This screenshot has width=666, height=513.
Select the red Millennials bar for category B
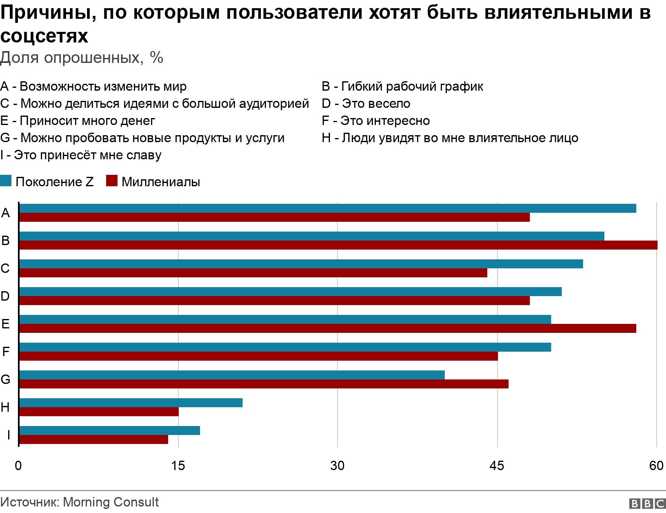click(x=338, y=245)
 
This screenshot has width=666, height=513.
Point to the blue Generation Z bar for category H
click(x=131, y=403)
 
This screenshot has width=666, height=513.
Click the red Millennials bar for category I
click(x=93, y=439)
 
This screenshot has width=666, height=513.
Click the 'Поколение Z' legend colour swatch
click(x=6, y=181)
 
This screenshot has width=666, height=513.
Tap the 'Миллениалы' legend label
click(x=161, y=182)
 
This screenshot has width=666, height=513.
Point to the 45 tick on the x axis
click(x=497, y=466)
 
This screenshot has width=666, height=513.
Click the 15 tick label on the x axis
click(x=178, y=466)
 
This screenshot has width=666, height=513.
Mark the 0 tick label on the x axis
click(x=18, y=466)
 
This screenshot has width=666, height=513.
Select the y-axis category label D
click(x=5, y=296)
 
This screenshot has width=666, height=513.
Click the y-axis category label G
click(x=5, y=379)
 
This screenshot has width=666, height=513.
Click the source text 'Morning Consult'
click(x=111, y=502)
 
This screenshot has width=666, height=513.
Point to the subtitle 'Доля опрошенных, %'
click(x=82, y=58)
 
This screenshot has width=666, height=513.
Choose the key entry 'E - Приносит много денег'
click(x=78, y=121)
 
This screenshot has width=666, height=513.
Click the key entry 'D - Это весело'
click(x=366, y=104)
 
